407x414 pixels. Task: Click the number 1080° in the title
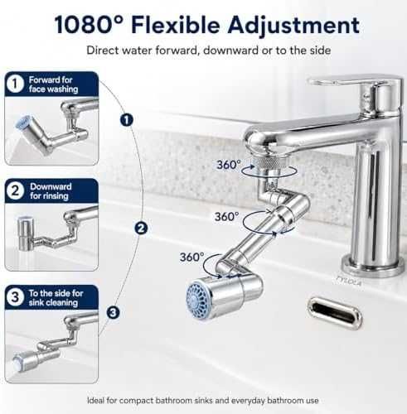point(89,25)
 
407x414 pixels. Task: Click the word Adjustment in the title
point(293,26)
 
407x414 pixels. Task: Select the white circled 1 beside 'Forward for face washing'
point(15,84)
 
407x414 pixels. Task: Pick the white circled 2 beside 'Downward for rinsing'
point(15,191)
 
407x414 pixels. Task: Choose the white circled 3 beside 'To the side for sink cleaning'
point(15,297)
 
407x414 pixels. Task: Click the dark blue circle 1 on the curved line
point(127,120)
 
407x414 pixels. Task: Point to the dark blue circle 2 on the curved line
point(141,229)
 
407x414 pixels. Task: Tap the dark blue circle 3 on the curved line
point(114,313)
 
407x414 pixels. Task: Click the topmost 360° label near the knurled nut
point(229,165)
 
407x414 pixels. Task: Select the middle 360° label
point(227,217)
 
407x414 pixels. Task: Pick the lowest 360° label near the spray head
point(192,258)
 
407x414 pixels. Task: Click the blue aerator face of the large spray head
point(197,299)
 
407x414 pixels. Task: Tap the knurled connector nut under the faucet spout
point(269,165)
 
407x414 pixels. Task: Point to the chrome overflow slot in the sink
point(334,313)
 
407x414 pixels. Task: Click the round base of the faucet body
point(373,266)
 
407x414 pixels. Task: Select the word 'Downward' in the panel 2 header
point(51,186)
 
